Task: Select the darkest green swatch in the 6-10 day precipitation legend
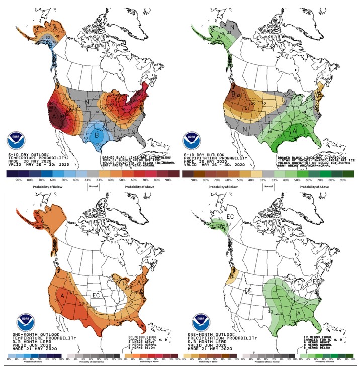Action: pos(347,174)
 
